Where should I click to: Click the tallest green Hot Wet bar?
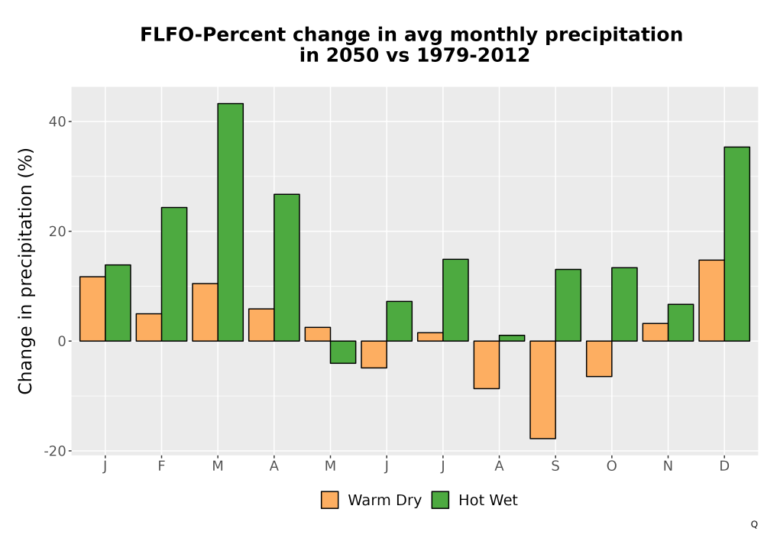click(231, 222)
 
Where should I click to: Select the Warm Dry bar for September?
click(542, 390)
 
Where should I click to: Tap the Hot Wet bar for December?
click(736, 244)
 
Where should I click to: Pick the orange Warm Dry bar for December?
click(711, 300)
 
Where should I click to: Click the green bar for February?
click(174, 274)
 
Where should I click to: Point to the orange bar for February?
click(149, 327)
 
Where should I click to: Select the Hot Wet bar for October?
click(624, 304)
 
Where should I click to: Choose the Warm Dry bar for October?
click(599, 358)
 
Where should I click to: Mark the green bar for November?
click(681, 323)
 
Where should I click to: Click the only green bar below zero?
click(343, 352)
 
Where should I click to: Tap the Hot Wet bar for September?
click(568, 305)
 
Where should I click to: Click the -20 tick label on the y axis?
click(54, 451)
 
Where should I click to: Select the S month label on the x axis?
click(555, 466)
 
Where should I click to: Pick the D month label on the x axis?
click(724, 466)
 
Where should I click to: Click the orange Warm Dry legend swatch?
click(330, 500)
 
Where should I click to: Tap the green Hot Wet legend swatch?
click(441, 500)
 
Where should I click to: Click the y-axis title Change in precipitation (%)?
click(25, 271)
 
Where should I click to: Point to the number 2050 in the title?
click(352, 55)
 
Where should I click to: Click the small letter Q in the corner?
click(754, 524)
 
